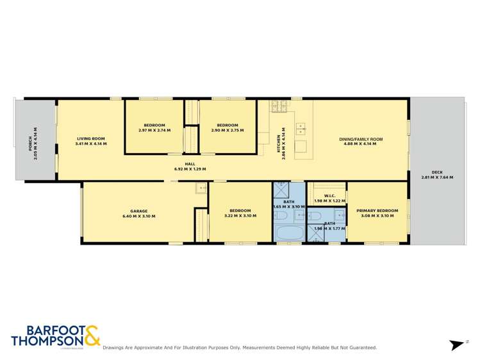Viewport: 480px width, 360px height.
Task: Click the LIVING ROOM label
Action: coord(91,138)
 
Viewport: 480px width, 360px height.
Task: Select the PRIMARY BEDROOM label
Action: coord(377,211)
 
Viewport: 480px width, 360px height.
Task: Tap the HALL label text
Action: coord(190,163)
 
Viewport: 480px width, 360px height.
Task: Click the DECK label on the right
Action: coord(437,172)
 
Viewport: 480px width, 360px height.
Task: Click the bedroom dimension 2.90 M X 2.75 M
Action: coord(228,130)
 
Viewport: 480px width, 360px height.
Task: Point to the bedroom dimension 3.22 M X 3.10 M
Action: coord(240,216)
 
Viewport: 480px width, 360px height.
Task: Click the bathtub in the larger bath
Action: coord(289,233)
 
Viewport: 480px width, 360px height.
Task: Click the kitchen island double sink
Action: coord(301,128)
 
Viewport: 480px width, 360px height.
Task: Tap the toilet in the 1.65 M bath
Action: coord(281,216)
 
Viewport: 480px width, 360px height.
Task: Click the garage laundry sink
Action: coord(201,188)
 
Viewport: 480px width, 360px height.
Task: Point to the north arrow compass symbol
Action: coord(457,344)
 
